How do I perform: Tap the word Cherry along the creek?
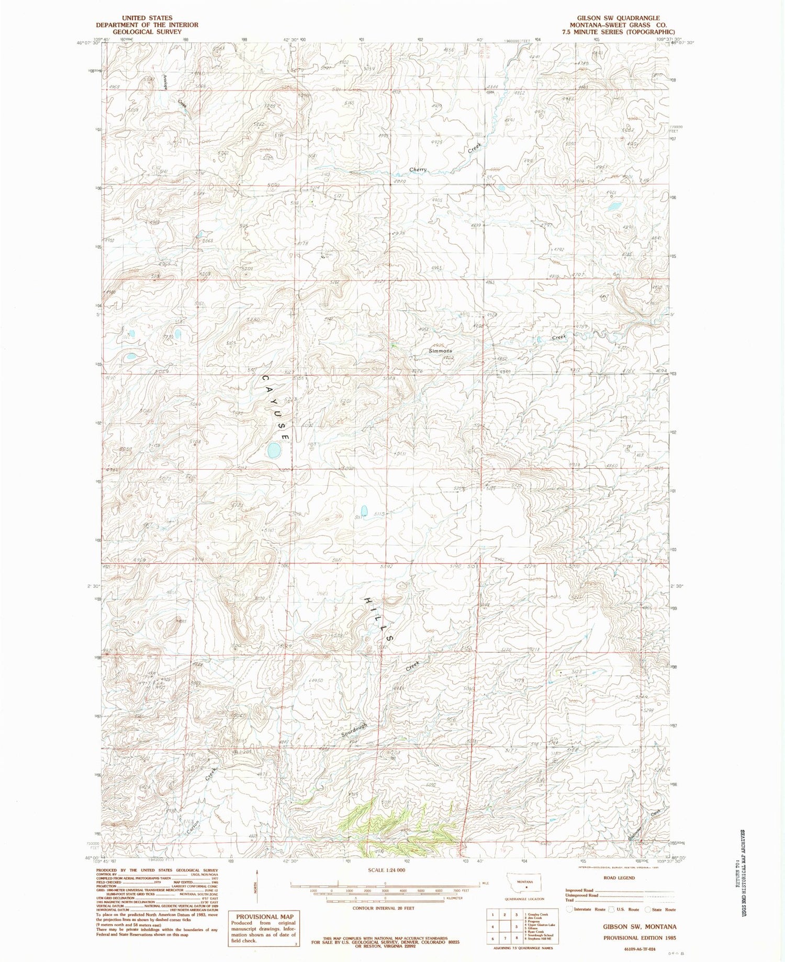pyautogui.click(x=418, y=169)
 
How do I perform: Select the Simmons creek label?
pyautogui.click(x=440, y=351)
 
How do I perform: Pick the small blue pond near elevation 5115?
pyautogui.click(x=363, y=510)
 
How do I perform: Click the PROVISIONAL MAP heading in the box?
pyautogui.click(x=265, y=916)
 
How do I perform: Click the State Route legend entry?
pyautogui.click(x=660, y=910)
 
